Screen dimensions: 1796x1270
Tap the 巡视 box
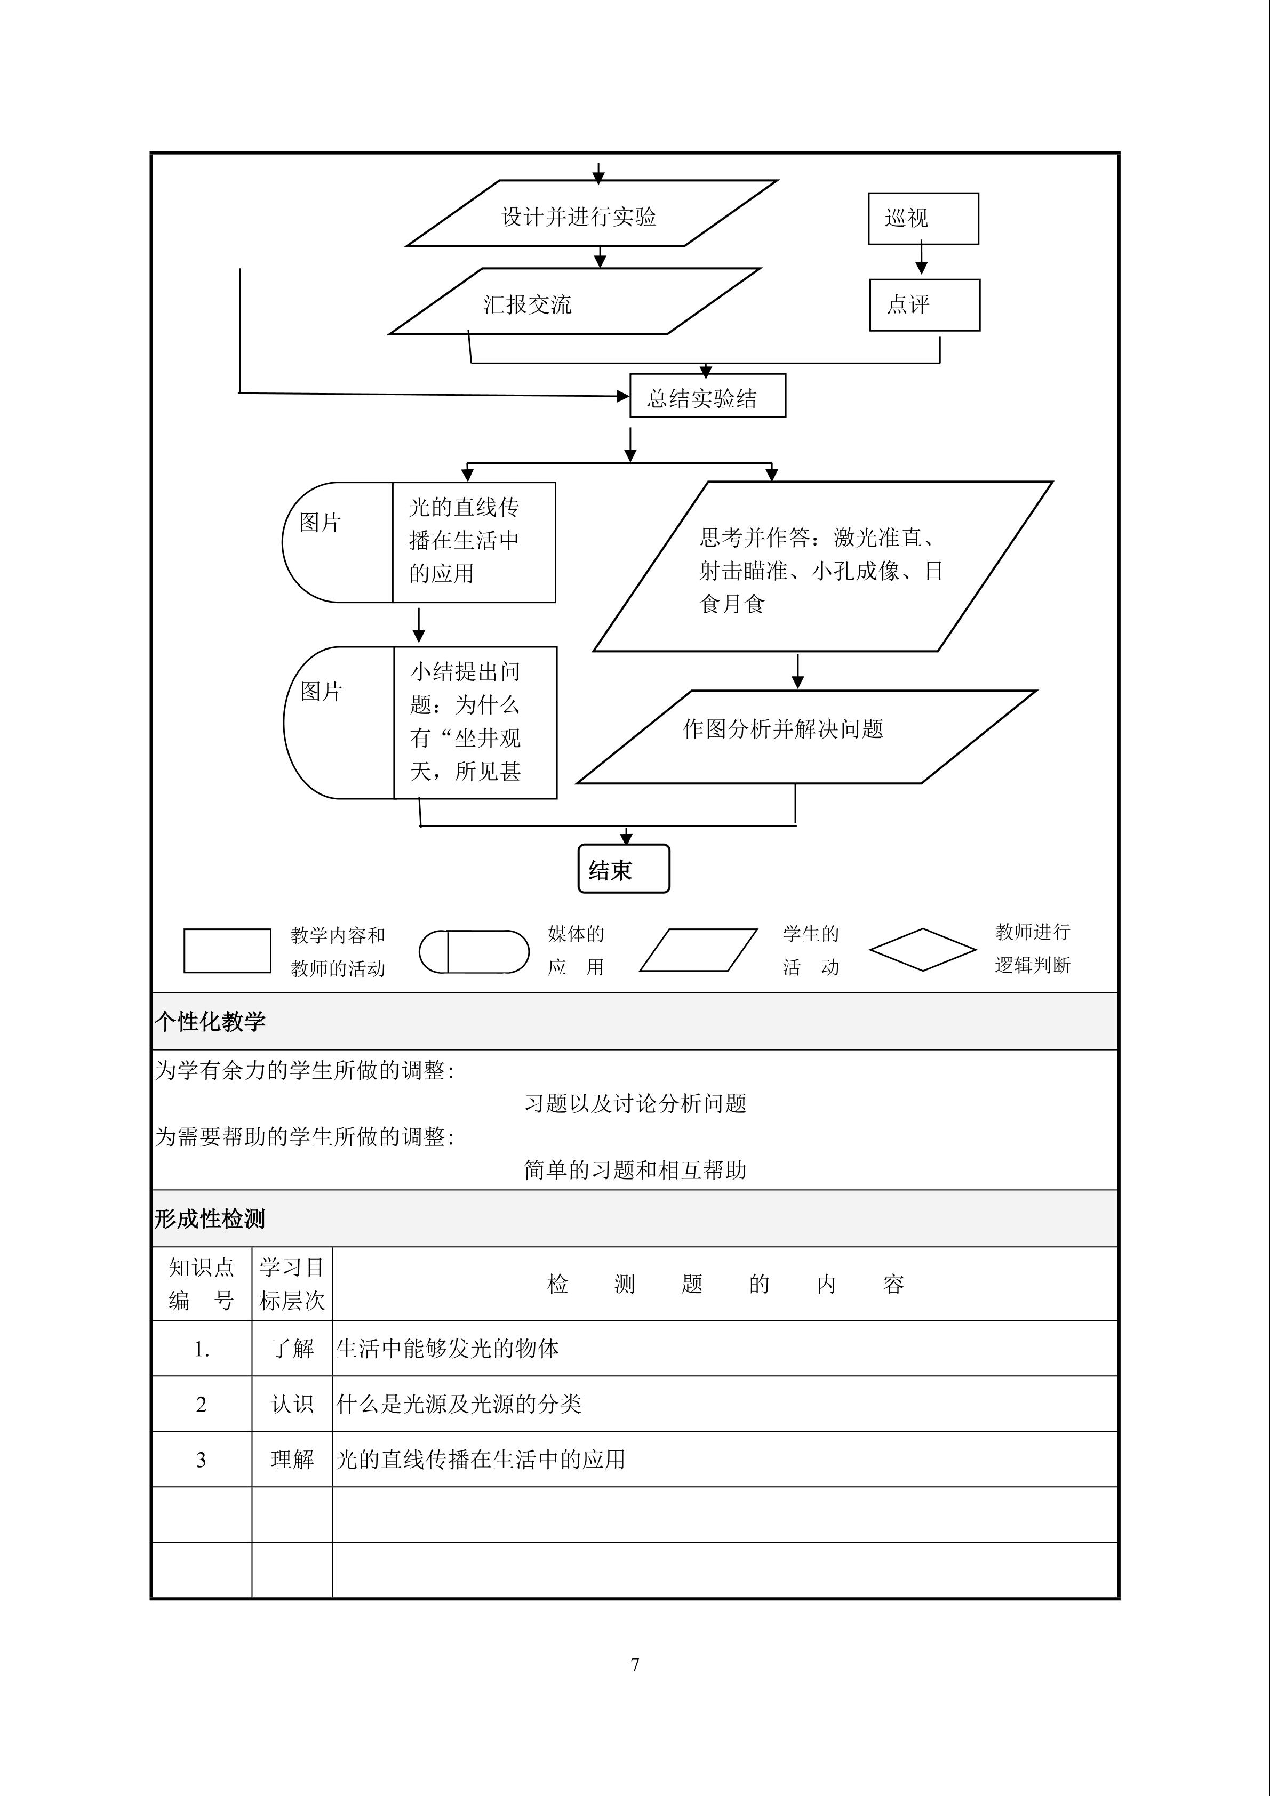tap(923, 218)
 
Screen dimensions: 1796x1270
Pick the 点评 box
tap(924, 304)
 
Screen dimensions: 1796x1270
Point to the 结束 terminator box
tap(624, 868)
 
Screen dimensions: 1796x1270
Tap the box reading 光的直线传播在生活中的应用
tap(474, 541)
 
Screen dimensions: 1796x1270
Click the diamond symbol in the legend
tap(923, 950)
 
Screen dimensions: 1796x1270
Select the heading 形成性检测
tap(210, 1218)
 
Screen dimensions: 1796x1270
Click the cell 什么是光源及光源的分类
tap(459, 1404)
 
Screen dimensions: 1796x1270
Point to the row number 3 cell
tap(201, 1459)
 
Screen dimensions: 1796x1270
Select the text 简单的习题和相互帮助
tap(635, 1170)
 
